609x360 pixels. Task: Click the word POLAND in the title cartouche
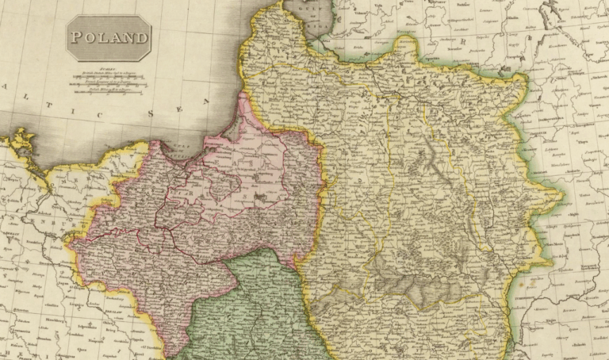point(109,37)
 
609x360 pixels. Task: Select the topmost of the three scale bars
point(109,74)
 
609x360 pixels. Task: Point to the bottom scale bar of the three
point(109,90)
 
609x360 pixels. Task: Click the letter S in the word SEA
point(150,114)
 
